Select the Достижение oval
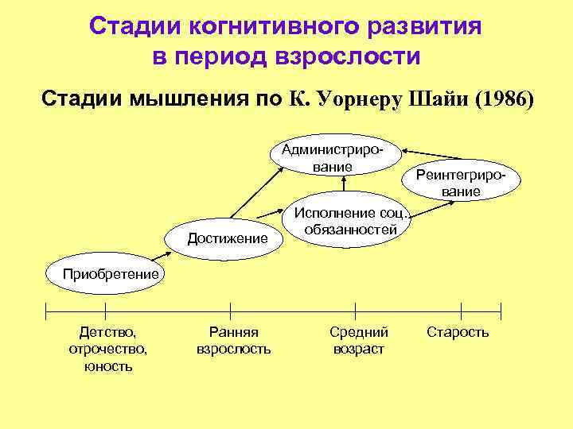point(227,238)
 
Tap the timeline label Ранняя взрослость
point(233,341)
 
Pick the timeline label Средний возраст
point(359,341)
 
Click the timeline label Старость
point(458,332)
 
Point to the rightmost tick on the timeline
point(500,311)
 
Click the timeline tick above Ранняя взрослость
point(230,311)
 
